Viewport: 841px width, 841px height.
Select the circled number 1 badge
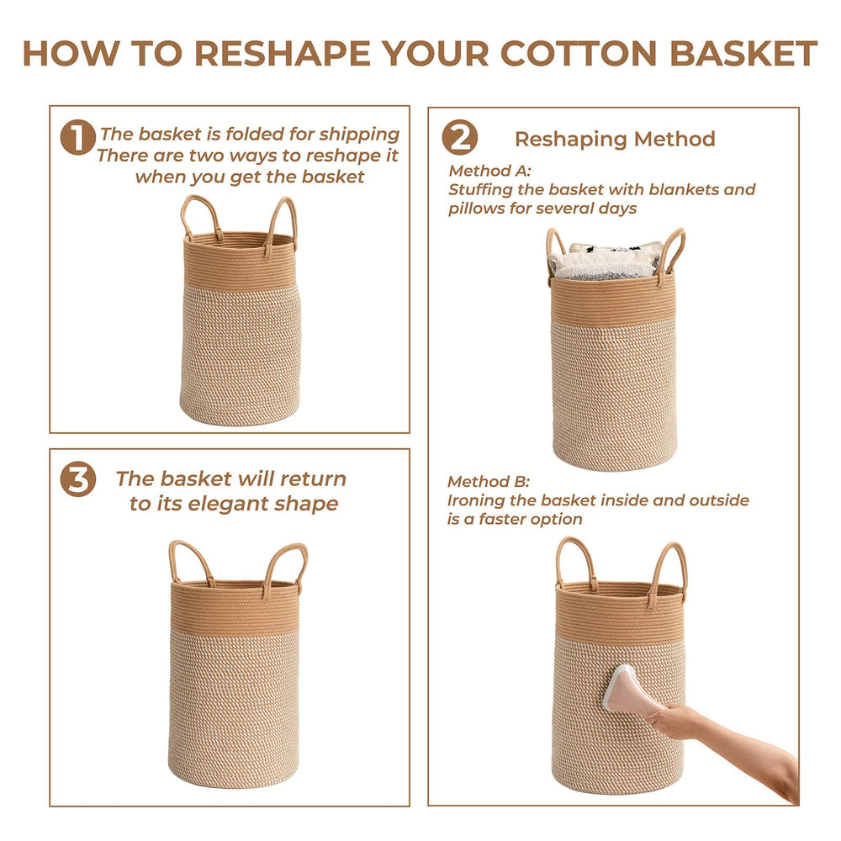coord(77,138)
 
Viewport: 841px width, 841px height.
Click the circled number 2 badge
coord(460,138)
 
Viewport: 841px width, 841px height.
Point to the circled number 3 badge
coord(77,479)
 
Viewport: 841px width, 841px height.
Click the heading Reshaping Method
coord(615,139)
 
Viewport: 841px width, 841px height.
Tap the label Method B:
coord(489,482)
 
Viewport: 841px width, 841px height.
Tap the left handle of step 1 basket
coord(196,215)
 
